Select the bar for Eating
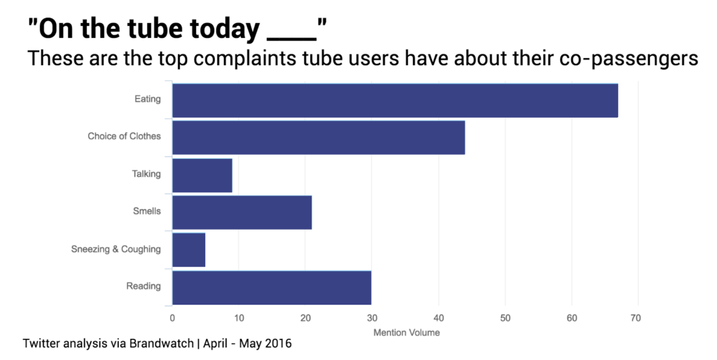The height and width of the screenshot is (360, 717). click(x=394, y=100)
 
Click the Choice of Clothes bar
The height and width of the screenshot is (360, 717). click(x=318, y=137)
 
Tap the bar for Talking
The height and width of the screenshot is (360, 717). click(x=202, y=175)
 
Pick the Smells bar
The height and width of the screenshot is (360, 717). click(x=242, y=212)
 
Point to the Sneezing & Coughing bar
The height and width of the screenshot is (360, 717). click(x=188, y=250)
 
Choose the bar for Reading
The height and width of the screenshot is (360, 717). click(x=271, y=287)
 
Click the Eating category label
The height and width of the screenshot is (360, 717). click(x=147, y=99)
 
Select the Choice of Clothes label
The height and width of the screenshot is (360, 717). click(x=124, y=137)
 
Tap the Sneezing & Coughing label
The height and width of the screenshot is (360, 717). click(x=116, y=249)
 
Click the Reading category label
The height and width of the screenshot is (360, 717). click(x=143, y=286)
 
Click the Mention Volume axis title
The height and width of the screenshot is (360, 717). click(x=407, y=333)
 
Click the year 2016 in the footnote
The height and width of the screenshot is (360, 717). click(x=279, y=345)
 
